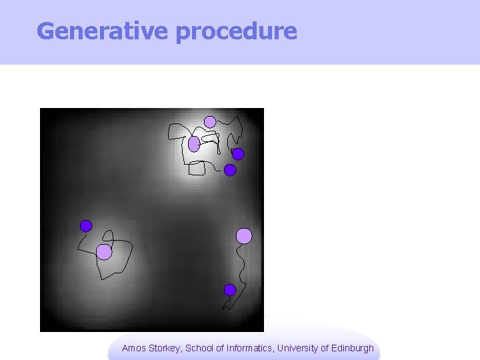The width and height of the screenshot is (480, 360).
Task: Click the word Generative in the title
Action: coord(103,31)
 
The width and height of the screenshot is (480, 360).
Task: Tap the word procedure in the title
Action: coord(237,31)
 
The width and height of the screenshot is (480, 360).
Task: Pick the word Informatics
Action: coord(250,348)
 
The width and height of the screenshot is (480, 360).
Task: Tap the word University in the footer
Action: coord(299,348)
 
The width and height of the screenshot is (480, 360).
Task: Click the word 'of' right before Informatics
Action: coord(221,348)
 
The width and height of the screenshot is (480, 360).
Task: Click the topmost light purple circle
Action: coord(210,122)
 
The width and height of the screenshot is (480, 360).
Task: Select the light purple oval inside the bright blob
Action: coord(194,144)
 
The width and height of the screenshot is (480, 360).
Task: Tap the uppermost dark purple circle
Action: coord(238,154)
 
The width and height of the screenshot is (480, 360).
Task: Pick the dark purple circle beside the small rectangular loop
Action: coord(230,170)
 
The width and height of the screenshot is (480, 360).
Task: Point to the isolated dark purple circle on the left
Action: coord(86,226)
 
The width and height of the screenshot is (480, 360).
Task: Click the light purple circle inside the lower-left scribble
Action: coord(104,251)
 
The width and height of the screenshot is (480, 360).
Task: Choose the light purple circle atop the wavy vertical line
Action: coord(244,235)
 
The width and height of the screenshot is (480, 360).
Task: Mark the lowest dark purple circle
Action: coord(230,290)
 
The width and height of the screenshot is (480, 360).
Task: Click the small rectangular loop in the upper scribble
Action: coord(197,168)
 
